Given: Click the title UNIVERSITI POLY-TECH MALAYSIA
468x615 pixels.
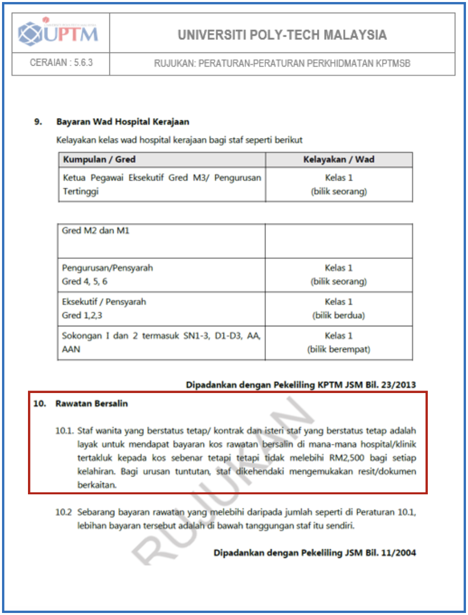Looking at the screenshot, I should point(282,35).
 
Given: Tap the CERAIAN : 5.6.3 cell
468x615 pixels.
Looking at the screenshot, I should point(61,63).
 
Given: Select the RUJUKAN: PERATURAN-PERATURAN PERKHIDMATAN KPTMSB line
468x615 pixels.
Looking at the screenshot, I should point(282,64).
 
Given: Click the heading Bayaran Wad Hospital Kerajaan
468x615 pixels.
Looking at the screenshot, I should point(123,122).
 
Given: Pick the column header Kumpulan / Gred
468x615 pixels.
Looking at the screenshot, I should point(99,159).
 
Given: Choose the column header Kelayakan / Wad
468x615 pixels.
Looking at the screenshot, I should point(339,159).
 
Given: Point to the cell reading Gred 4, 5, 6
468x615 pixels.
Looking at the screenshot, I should point(84,281).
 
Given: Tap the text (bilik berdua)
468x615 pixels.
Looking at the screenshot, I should point(339,315).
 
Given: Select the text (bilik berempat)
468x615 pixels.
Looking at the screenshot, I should point(339,349).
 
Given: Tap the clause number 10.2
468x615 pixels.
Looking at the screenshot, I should point(63,512).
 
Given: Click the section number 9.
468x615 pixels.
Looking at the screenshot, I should point(38,122).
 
